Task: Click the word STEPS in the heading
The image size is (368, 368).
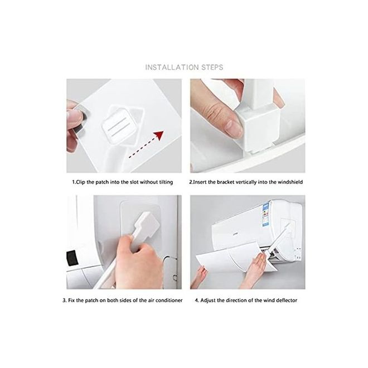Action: point(212,67)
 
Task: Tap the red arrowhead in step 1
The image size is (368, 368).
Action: point(159,135)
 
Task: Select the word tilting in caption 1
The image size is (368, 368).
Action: point(166,182)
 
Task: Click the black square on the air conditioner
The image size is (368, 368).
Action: point(72,258)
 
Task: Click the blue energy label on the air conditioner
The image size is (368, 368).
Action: point(265,215)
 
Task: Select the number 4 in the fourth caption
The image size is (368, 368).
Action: point(197,301)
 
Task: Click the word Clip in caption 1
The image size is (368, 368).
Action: point(80,182)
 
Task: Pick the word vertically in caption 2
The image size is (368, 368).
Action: point(246,182)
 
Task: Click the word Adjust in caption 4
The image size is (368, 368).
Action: point(208,301)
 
